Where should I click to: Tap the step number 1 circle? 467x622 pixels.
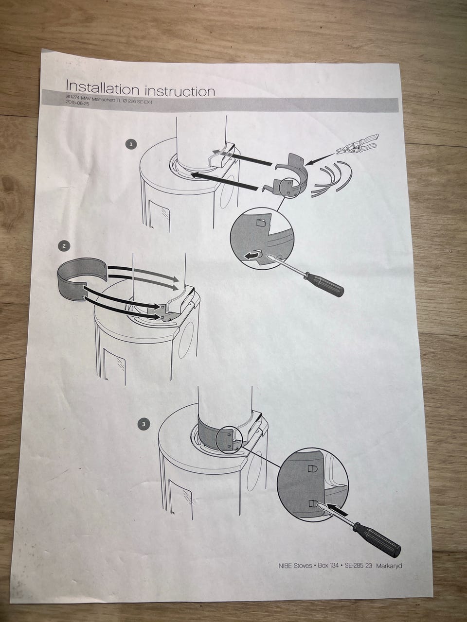click(131, 144)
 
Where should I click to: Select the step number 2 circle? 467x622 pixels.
click(64, 246)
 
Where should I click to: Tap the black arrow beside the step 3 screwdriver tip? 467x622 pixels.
click(338, 509)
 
